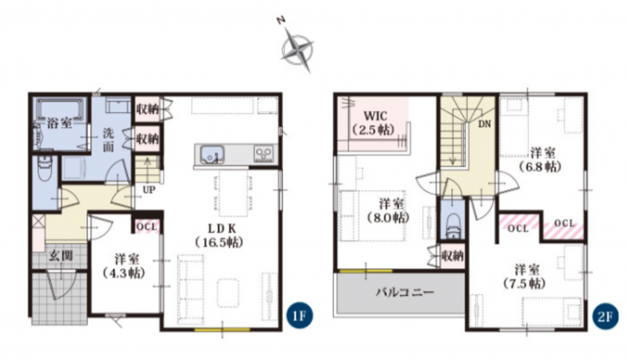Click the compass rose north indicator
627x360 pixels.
click(296, 47)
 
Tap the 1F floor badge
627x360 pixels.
click(300, 316)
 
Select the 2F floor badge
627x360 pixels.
click(605, 317)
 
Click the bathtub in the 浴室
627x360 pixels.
click(61, 109)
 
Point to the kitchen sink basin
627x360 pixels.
click(212, 154)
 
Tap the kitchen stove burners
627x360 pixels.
click(264, 154)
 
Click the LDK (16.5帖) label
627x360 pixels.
click(219, 235)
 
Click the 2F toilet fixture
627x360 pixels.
click(453, 227)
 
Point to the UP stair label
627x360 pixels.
click(149, 190)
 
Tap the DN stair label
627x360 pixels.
click(484, 124)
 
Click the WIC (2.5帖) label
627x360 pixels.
click(375, 123)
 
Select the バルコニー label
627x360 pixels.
click(404, 292)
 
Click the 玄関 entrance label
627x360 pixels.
click(61, 256)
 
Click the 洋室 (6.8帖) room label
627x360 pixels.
click(542, 159)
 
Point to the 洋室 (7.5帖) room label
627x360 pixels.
click(524, 276)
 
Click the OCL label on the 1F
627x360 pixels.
click(147, 227)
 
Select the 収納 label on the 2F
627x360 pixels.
click(453, 256)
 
